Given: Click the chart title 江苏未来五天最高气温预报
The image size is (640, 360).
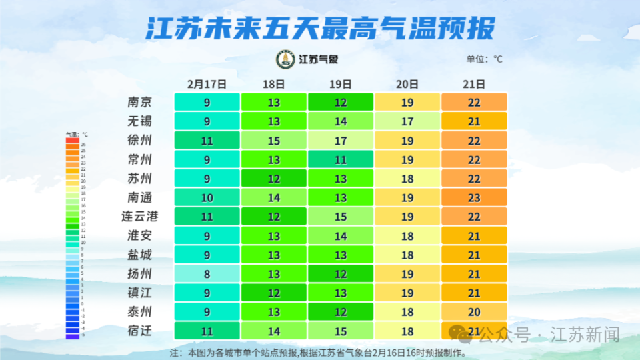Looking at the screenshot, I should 320,28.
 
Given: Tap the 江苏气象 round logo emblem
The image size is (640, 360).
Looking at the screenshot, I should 285,59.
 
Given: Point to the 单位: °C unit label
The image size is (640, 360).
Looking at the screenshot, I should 485,59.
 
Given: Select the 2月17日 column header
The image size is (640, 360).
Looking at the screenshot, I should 207,84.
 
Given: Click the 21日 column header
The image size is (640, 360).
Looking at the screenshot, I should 473,84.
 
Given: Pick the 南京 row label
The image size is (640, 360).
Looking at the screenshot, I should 139,102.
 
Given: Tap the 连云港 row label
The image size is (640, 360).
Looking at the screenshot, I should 139,217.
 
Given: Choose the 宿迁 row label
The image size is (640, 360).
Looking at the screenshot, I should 139,331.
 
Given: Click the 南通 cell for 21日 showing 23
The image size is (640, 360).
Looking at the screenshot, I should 474,197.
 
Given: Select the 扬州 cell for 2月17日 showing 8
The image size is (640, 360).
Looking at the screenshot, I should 207,274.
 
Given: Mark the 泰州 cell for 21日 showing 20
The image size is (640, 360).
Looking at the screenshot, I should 474,312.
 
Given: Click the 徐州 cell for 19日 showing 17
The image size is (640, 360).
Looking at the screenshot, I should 341,141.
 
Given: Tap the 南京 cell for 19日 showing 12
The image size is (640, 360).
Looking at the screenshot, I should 341,102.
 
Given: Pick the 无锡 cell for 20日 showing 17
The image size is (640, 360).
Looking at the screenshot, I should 407,121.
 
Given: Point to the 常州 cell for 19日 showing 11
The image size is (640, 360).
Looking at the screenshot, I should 341,160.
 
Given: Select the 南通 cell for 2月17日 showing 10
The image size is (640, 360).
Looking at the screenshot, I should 207,197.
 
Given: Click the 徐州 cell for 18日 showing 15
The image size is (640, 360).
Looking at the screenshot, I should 274,141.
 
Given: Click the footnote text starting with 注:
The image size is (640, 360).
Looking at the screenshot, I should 318,353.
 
